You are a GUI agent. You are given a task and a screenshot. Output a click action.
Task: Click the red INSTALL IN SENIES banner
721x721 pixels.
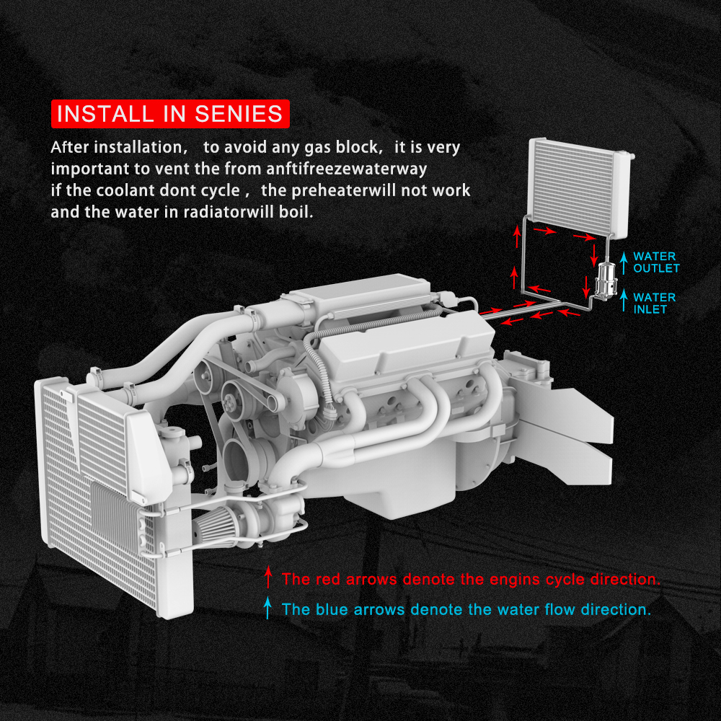pyautogui.click(x=170, y=114)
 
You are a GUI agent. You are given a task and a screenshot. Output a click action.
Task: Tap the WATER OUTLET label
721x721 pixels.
pyautogui.click(x=656, y=262)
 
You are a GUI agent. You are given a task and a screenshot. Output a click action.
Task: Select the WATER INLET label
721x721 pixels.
pyautogui.click(x=655, y=304)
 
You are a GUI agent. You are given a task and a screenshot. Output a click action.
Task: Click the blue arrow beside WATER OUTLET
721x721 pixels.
pyautogui.click(x=624, y=263)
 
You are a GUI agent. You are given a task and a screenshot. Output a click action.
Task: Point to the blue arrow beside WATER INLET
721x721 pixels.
pyautogui.click(x=624, y=301)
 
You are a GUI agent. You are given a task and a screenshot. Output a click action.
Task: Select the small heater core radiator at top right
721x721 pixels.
pyautogui.click(x=580, y=187)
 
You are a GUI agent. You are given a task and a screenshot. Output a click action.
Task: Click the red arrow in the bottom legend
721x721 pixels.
pyautogui.click(x=268, y=577)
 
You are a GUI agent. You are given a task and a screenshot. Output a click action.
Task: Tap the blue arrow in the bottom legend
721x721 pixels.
pyautogui.click(x=267, y=608)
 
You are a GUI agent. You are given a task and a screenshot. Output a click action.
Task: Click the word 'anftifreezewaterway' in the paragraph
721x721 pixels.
pyautogui.click(x=347, y=169)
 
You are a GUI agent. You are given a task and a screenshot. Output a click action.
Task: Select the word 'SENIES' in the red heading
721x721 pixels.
pyautogui.click(x=239, y=114)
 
